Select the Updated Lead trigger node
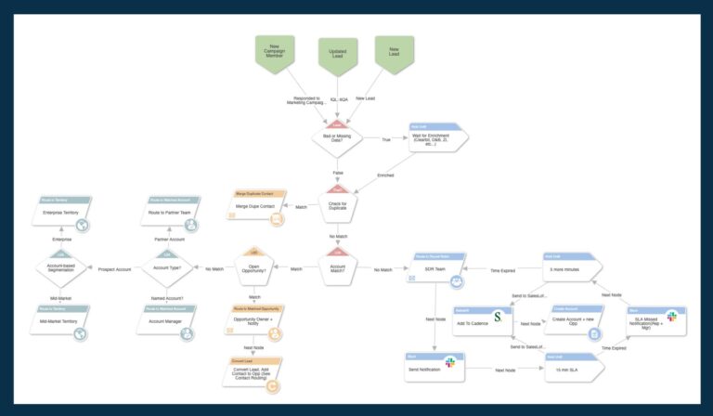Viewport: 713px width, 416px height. [337, 58]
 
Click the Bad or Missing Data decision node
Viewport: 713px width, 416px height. [337, 138]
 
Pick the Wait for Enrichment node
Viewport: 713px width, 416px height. [436, 141]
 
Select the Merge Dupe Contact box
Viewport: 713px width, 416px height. [260, 206]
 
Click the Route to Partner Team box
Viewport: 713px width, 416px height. [169, 214]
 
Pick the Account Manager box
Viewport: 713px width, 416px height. [169, 320]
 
